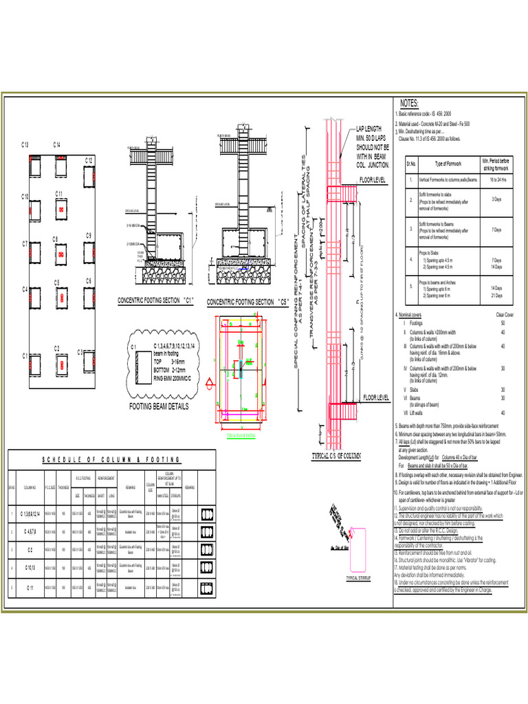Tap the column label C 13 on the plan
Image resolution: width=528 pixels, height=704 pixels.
point(25,145)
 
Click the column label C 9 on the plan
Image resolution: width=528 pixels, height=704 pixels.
point(89,236)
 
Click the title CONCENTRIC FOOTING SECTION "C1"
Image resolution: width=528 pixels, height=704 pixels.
point(156,301)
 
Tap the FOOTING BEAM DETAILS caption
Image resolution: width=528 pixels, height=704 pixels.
point(159,406)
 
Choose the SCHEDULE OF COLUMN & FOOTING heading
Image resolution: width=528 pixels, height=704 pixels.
point(111,459)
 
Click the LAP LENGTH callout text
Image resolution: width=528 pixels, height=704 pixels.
point(371,129)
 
